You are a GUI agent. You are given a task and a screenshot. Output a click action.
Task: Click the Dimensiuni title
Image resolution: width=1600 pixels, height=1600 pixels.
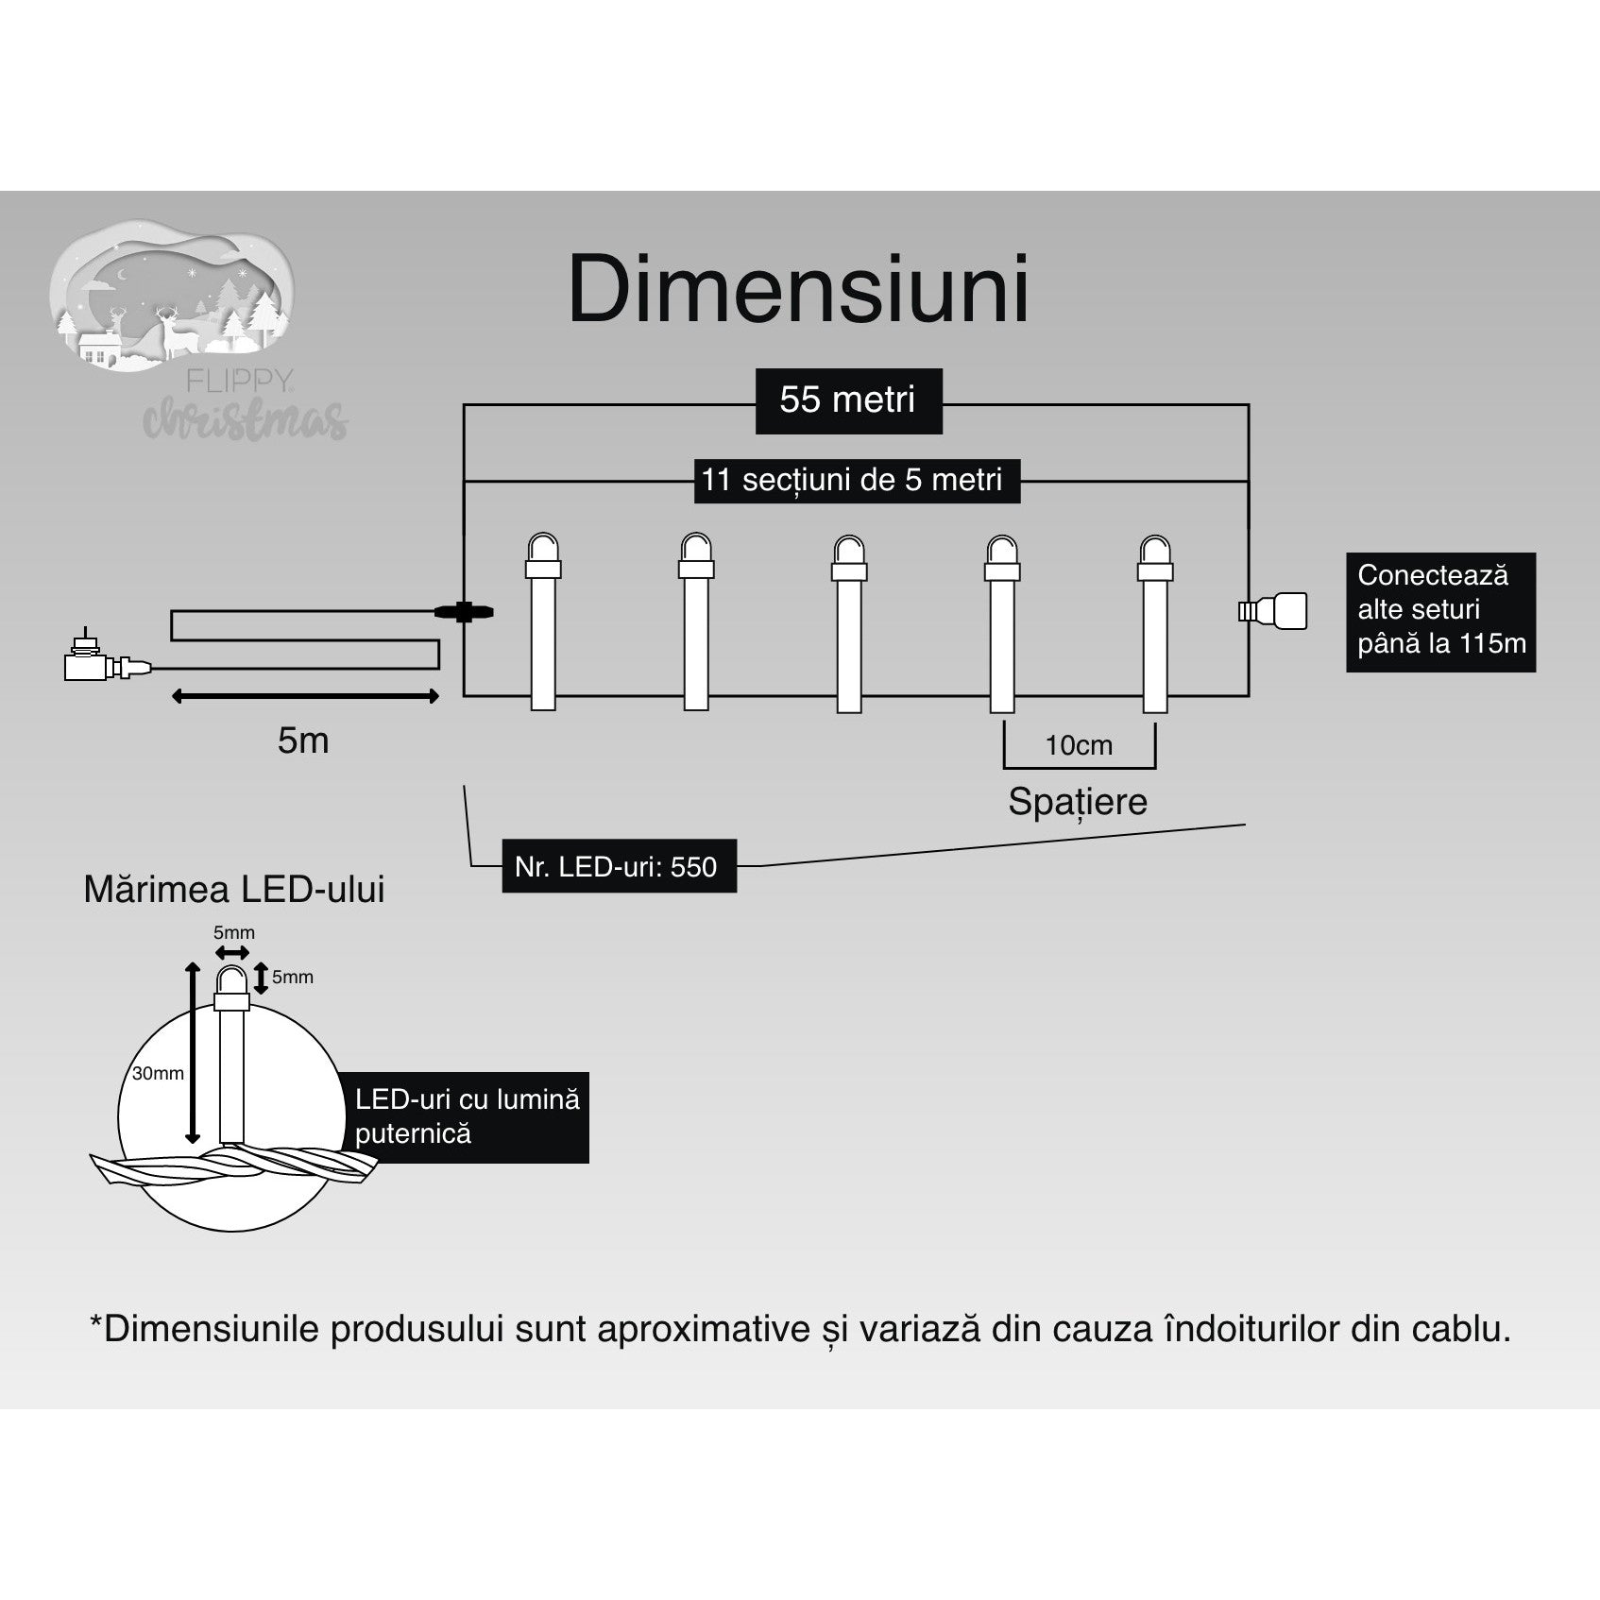pos(798,290)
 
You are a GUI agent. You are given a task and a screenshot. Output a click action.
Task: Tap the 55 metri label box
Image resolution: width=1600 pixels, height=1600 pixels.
pos(848,400)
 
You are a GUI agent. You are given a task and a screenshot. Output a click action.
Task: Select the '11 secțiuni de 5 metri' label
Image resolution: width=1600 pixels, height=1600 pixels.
pos(852,480)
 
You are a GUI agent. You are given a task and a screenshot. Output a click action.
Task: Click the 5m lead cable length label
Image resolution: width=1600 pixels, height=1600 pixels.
pos(303,740)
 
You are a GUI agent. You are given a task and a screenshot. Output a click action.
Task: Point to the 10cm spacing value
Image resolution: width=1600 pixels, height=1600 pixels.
pos(1079,746)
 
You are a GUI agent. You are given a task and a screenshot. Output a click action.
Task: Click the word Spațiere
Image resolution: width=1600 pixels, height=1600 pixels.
pos(1077,802)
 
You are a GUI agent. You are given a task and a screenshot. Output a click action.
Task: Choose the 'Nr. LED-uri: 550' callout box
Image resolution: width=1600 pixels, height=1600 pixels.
pos(618,866)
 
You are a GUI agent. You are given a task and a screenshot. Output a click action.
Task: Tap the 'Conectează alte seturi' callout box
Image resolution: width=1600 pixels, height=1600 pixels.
pos(1440,611)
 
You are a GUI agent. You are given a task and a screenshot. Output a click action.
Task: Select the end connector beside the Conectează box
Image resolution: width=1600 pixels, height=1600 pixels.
pos(1274,611)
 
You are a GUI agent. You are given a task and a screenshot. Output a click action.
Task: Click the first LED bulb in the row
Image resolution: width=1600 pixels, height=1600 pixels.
pos(543,622)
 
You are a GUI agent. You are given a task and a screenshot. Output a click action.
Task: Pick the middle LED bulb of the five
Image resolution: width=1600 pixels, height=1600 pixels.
pos(848,622)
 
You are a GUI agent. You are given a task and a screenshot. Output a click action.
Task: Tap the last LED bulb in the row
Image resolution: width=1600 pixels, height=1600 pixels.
pos(1155,622)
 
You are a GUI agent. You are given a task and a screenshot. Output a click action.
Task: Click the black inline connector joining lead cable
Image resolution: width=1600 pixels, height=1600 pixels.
pos(463,612)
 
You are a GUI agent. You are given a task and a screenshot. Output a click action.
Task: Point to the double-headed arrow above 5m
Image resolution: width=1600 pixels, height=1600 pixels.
pos(305,697)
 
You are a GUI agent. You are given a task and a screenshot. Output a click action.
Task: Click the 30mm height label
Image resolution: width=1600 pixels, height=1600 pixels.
pos(158,1074)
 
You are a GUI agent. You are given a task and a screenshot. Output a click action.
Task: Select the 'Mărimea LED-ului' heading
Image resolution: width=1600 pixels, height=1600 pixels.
pos(233,890)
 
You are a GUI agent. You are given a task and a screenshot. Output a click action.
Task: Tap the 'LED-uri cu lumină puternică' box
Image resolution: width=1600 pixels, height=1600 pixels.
pos(467,1116)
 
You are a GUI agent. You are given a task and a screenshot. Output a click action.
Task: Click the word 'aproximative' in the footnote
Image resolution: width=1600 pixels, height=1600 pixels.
pos(705,1329)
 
